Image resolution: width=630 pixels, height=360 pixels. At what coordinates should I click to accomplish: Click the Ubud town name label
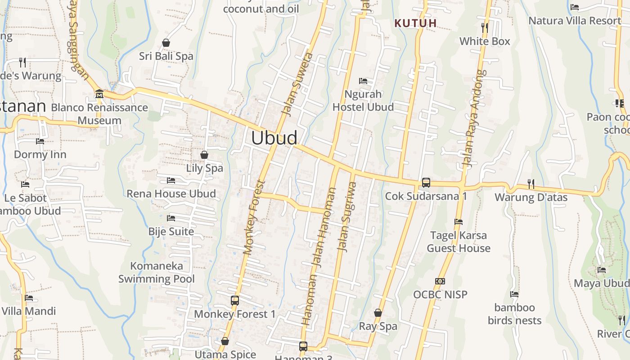tap(274, 138)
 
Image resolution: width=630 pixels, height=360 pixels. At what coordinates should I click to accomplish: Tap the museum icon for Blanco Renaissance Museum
tap(99, 94)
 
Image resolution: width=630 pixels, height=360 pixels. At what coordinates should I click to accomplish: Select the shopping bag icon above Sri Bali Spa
tap(166, 43)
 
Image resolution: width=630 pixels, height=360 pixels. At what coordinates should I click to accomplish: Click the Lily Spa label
tap(204, 168)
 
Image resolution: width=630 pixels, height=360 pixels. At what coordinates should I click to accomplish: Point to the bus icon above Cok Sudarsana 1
tap(426, 183)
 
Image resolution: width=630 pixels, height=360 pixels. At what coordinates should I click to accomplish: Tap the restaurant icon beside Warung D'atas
tap(531, 184)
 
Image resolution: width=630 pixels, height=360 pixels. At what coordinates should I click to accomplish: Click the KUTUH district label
tap(415, 23)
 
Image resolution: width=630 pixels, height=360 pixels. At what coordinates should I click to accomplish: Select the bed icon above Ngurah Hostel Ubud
tap(363, 81)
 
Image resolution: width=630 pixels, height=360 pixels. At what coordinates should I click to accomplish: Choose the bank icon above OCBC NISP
tap(440, 281)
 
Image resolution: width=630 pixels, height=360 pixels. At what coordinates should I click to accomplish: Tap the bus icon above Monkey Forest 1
tap(234, 301)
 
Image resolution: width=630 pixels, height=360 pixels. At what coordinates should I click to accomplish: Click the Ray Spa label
tap(378, 326)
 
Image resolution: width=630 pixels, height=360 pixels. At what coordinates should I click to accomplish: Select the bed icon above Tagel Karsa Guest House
tap(459, 222)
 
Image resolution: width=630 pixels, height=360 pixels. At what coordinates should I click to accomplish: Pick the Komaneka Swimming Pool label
tap(157, 272)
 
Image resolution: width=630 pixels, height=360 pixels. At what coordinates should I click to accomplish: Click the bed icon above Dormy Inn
tap(40, 141)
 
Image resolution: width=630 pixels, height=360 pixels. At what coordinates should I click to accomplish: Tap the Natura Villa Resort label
tap(575, 21)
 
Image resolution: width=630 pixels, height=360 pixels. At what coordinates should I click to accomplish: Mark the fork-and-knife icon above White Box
tap(485, 28)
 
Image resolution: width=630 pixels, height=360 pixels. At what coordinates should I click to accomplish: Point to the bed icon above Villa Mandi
tap(29, 297)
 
